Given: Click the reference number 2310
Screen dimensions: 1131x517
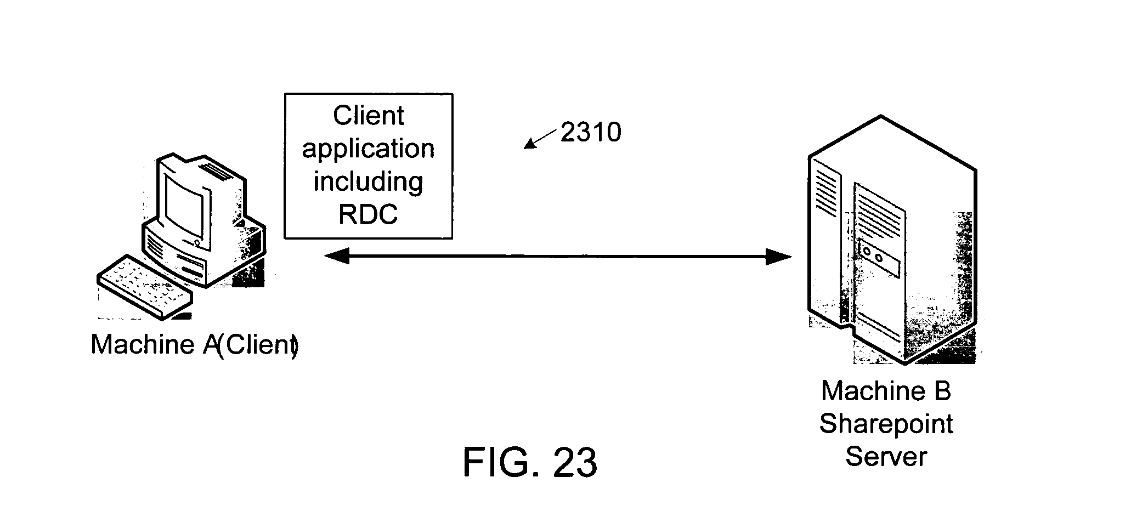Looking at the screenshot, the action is (x=591, y=132).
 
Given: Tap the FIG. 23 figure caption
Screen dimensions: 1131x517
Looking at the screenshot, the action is (x=530, y=462).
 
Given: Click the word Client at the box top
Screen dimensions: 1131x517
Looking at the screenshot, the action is (x=368, y=116).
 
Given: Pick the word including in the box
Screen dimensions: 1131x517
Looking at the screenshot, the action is (x=368, y=182).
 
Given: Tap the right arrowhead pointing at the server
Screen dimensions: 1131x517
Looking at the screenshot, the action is (x=779, y=256).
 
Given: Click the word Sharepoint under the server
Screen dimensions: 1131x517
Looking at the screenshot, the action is (x=886, y=424).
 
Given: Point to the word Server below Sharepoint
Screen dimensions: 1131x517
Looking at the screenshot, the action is (x=886, y=456).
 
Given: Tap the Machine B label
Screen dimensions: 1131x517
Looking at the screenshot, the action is (x=886, y=391).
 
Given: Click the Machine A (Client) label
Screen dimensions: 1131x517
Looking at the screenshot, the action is (x=195, y=345).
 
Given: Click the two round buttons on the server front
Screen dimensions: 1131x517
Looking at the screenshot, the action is (x=873, y=255).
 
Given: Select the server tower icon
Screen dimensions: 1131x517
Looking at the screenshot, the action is (x=892, y=240).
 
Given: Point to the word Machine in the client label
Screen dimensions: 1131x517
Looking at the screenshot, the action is (x=142, y=345).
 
